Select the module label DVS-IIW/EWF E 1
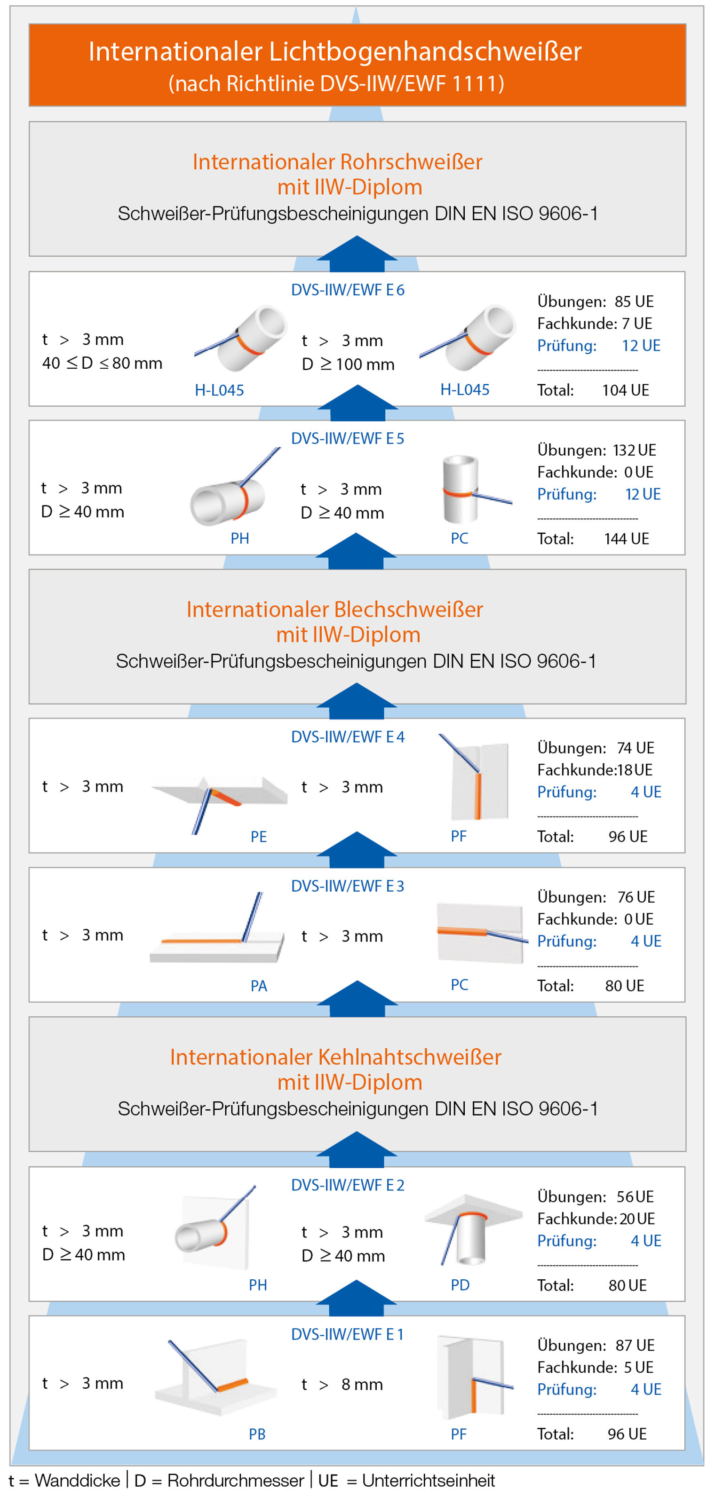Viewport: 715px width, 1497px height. tap(347, 1334)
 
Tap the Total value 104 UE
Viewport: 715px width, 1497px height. tap(626, 390)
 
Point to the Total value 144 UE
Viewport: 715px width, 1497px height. tap(627, 539)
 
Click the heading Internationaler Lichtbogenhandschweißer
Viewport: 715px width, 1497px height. tap(335, 52)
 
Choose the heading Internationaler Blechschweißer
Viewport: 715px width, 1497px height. tap(335, 609)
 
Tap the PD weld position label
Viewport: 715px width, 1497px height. tap(460, 1285)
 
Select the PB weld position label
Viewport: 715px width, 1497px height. tap(257, 1434)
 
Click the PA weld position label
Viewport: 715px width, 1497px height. tap(259, 986)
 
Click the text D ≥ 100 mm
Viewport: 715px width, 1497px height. tap(348, 364)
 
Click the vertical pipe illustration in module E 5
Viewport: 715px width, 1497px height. tap(461, 489)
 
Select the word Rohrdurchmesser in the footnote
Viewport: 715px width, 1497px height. tap(235, 1480)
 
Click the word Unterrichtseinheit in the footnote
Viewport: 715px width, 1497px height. tap(429, 1480)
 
